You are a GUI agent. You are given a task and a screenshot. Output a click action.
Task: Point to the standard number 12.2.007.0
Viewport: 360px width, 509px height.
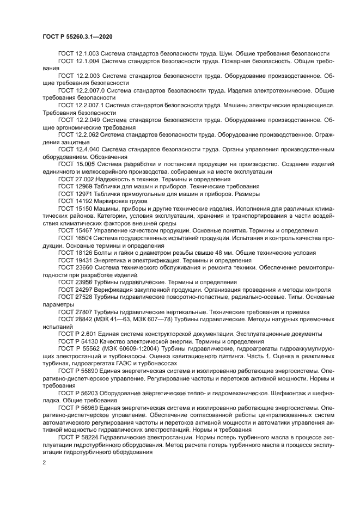coord(90,89)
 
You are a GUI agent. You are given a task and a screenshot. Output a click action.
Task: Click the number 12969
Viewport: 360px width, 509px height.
coord(83,186)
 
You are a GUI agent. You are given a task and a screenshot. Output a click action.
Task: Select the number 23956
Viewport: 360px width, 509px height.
coord(83,282)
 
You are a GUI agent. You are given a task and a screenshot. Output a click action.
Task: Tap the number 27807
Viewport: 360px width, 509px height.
coord(83,311)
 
